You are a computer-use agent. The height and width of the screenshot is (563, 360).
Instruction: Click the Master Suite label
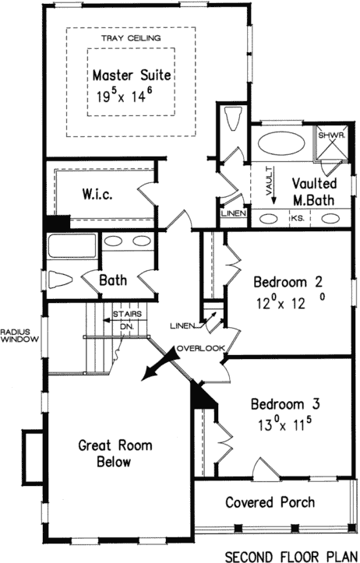coord(131,76)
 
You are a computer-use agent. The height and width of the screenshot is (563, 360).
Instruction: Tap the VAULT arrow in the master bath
coord(270,191)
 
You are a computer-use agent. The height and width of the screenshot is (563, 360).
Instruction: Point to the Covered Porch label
coord(270,502)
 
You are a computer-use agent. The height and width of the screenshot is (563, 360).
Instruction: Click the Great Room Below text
coord(115,454)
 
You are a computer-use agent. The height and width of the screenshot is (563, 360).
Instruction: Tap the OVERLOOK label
coord(200,347)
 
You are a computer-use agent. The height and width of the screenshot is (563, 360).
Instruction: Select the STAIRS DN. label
coord(125,320)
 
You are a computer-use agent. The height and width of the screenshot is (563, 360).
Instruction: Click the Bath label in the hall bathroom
coord(112,278)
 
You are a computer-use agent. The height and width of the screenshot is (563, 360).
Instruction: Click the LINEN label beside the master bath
coord(234,213)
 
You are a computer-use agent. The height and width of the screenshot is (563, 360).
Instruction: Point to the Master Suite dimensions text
coord(131,97)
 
